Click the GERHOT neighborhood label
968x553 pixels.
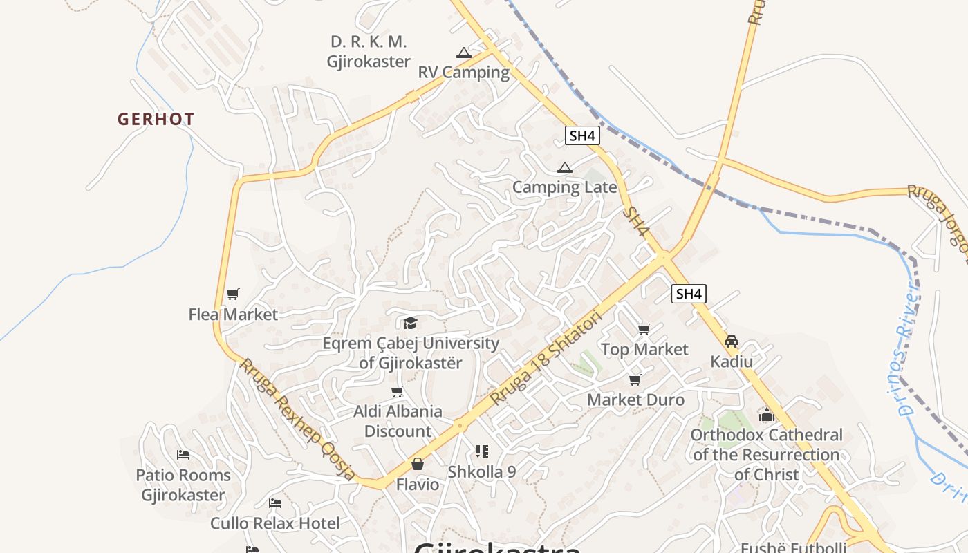[156, 119]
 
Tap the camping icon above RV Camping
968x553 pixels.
[463, 53]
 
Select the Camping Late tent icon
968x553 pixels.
[565, 167]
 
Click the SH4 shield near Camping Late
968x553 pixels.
[581, 135]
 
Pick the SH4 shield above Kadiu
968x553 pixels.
[689, 294]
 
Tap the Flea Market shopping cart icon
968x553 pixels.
[233, 294]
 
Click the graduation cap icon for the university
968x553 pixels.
[410, 323]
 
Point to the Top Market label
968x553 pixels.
[644, 349]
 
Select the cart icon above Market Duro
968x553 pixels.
[635, 379]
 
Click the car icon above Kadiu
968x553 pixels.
[732, 341]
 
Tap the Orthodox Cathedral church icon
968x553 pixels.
[766, 415]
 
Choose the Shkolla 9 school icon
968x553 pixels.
[482, 451]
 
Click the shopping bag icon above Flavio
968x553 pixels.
[417, 464]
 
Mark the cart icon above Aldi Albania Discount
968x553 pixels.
[398, 392]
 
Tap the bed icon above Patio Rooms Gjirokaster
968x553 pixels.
[183, 455]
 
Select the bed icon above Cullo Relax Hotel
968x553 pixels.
[275, 503]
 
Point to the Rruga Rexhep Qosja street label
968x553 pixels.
[297, 419]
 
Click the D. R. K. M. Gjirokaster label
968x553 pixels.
[369, 52]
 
